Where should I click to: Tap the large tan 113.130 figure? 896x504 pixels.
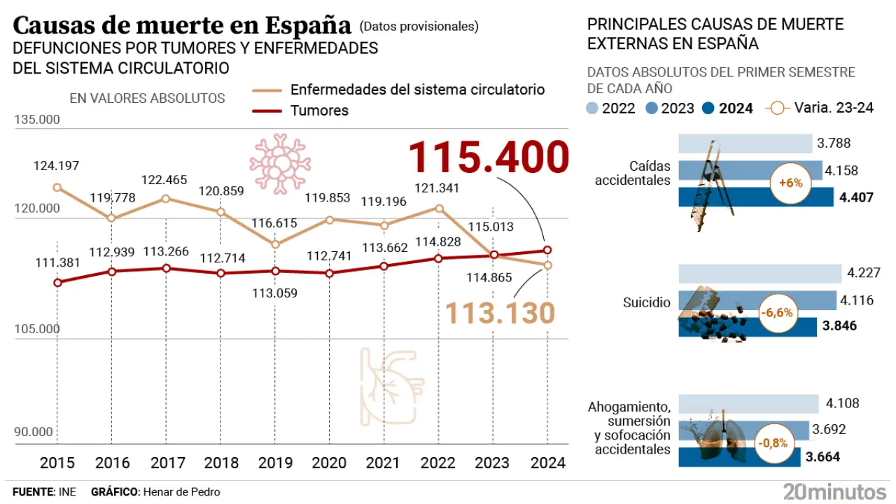tap(500, 313)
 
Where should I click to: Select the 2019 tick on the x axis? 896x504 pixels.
tap(275, 463)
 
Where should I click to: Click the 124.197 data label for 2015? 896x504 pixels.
tap(56, 167)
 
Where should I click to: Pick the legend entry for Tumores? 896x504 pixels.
tap(319, 111)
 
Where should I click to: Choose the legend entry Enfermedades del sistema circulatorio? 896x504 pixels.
tap(417, 90)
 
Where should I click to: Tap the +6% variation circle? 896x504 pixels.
tap(790, 184)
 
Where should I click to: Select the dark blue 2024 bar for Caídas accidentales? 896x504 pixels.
tap(757, 197)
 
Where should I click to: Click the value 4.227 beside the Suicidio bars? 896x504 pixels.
tap(863, 273)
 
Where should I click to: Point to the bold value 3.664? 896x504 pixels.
tap(823, 457)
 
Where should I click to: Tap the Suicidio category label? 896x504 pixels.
tap(647, 302)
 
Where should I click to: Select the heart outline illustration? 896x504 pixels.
tap(392, 386)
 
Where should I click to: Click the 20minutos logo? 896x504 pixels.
tap(835, 491)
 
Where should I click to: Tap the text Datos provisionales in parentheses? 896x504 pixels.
tap(419, 27)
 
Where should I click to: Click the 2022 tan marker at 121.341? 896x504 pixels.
tap(439, 208)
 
